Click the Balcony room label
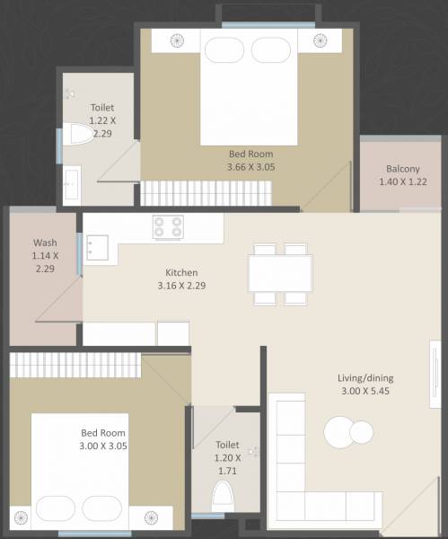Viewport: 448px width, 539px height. pos(403,169)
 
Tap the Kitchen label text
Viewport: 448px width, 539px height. pos(181,273)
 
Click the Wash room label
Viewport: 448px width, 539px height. pos(46,243)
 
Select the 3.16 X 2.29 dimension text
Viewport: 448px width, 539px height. pos(181,287)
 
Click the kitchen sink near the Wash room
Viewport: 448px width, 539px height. pos(97,246)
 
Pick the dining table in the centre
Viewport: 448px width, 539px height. pos(281,273)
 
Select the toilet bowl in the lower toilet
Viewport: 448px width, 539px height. pos(222,496)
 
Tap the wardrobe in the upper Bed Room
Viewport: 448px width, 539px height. pos(206,191)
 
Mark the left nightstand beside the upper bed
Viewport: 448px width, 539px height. pos(175,41)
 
